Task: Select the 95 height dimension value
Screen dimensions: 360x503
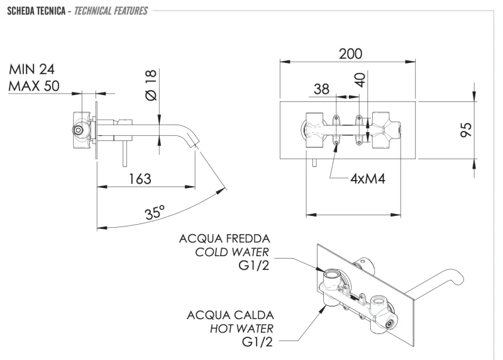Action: [x=466, y=130]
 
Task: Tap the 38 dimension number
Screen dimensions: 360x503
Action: [x=321, y=90]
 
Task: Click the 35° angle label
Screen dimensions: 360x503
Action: [x=154, y=212]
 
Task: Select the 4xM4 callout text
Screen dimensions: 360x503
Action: [x=367, y=178]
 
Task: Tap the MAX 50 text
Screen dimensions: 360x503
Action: [x=35, y=86]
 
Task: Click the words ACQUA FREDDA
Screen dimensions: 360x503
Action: [x=224, y=239]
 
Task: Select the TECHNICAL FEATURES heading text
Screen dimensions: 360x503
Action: [x=111, y=11]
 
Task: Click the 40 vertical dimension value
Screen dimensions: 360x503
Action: [x=360, y=81]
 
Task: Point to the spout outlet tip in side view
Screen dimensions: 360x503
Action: [x=197, y=145]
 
